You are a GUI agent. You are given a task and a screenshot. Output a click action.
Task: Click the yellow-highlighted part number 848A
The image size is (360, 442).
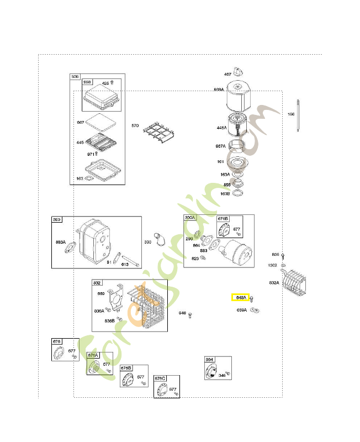240,297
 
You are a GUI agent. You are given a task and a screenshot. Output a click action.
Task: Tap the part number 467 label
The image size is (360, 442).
227,74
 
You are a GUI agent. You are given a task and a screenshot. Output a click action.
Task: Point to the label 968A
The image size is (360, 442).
219,90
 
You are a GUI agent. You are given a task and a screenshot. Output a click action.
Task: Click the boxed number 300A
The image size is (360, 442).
190,218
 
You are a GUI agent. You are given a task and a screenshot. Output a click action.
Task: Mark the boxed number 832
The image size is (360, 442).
97,282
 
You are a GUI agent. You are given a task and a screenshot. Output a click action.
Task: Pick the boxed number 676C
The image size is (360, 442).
160,378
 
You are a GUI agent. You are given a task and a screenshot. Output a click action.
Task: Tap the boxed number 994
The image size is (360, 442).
209,360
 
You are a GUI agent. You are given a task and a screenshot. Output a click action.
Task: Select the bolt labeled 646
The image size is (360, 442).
190,315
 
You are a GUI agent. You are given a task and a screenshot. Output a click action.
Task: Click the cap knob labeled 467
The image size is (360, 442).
239,71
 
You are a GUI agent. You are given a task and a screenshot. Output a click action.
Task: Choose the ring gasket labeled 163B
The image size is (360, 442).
238,194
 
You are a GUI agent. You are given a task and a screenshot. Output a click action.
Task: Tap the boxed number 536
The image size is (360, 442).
75,77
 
